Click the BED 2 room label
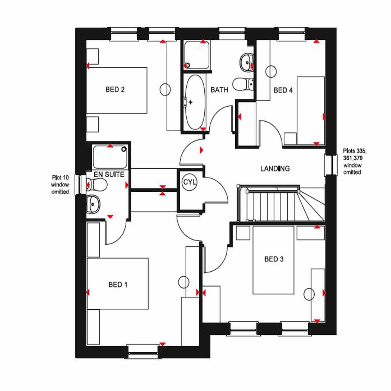point(115,90)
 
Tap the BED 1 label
point(118,284)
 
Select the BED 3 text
point(274,259)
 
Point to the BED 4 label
point(283,90)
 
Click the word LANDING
point(275,169)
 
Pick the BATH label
point(219,90)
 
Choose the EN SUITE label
point(109,174)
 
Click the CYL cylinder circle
point(190,182)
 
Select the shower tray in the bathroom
point(197,55)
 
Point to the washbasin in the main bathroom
point(247,62)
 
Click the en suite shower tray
point(110,157)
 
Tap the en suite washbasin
point(93,204)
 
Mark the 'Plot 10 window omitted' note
point(60,185)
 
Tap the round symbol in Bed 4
point(271,71)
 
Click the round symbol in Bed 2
point(165,89)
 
